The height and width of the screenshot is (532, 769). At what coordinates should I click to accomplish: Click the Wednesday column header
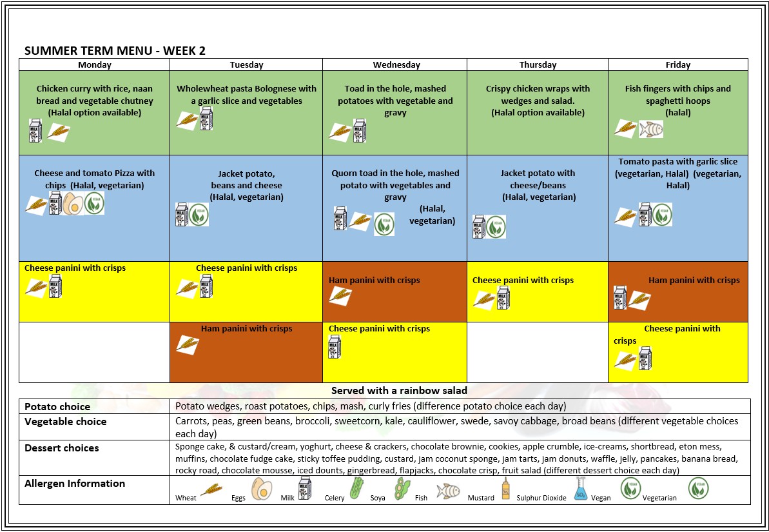coord(396,64)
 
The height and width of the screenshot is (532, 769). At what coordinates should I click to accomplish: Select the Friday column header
coord(677,64)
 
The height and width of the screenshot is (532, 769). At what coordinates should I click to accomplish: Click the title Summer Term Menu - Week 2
coord(115,51)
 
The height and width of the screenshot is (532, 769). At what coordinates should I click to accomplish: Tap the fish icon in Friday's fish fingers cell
coord(650,129)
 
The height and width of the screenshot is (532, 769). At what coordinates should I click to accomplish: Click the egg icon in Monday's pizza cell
coord(73,203)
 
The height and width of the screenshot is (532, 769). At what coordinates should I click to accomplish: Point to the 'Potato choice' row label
coord(57,406)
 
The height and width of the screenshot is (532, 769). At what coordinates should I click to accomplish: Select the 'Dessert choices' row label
coord(62,448)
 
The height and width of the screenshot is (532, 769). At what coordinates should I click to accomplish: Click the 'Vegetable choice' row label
coord(65,421)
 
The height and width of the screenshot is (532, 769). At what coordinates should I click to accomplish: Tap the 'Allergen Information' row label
coord(75,483)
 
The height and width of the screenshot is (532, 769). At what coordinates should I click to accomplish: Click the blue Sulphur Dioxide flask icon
coord(580,489)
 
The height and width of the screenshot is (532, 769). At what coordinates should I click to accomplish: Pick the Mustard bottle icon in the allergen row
coord(505,489)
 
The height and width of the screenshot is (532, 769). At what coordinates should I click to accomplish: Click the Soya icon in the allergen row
coord(402,489)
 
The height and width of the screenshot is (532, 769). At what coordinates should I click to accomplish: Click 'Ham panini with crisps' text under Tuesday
coord(246,328)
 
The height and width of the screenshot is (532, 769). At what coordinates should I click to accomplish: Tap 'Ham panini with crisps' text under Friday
coord(694,280)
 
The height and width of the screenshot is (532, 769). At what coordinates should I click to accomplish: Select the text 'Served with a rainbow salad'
coord(399,390)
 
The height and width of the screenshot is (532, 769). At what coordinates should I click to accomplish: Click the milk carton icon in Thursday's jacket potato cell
coord(479,227)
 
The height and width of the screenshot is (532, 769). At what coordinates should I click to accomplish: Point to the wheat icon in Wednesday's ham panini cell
coord(340,296)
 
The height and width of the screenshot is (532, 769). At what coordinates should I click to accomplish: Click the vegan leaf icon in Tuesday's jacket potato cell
coord(199,215)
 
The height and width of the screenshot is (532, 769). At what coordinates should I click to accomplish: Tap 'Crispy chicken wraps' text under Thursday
coord(538,88)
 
